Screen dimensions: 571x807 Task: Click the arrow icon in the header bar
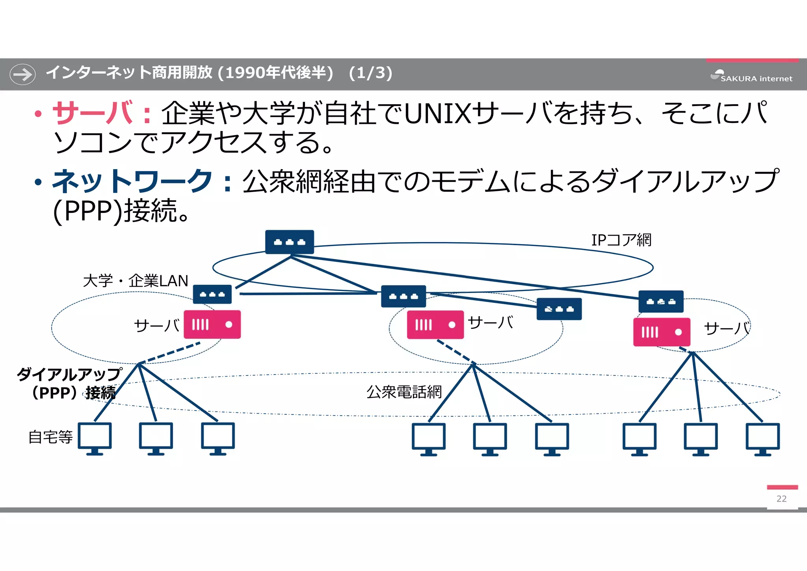(x=22, y=74)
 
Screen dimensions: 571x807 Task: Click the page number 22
(x=781, y=499)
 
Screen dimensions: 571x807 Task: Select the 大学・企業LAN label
(x=136, y=281)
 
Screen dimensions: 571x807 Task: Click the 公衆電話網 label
(x=404, y=392)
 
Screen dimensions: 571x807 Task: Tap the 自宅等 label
(x=50, y=437)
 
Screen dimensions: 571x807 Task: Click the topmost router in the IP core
(x=290, y=242)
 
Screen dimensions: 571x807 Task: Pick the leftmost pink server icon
(x=212, y=325)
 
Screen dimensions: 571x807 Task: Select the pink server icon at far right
(x=662, y=332)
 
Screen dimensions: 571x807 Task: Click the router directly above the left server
(x=212, y=294)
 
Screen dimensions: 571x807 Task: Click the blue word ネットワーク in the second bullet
(x=132, y=182)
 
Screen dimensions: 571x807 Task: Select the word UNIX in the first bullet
(x=437, y=114)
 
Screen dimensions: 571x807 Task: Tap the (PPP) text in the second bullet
(x=87, y=211)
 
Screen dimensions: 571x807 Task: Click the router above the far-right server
(x=661, y=302)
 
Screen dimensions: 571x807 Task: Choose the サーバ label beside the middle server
(x=491, y=323)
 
